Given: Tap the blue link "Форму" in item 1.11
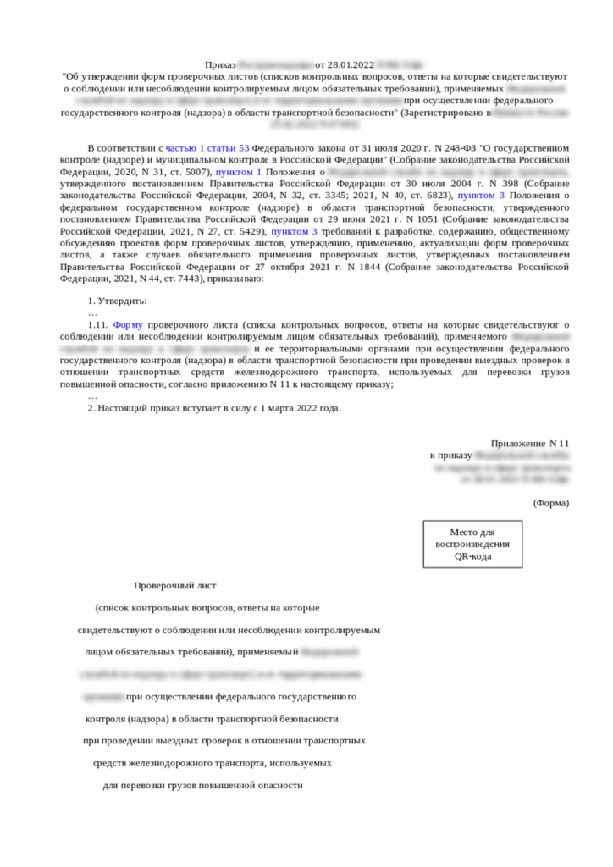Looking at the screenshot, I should pyautogui.click(x=129, y=324).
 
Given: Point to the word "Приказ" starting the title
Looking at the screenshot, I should pyautogui.click(x=220, y=64).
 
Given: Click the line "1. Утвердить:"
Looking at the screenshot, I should pyautogui.click(x=118, y=301).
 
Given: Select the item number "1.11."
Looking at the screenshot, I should pyautogui.click(x=98, y=324).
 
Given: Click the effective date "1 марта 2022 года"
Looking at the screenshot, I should pyautogui.click(x=295, y=408).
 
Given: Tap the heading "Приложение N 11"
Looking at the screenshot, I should pyautogui.click(x=530, y=443).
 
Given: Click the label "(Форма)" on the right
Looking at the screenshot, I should pyautogui.click(x=551, y=502).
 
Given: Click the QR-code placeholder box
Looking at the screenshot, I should pyautogui.click(x=472, y=544).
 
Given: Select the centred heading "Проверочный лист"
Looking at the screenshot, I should pyautogui.click(x=175, y=585).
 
